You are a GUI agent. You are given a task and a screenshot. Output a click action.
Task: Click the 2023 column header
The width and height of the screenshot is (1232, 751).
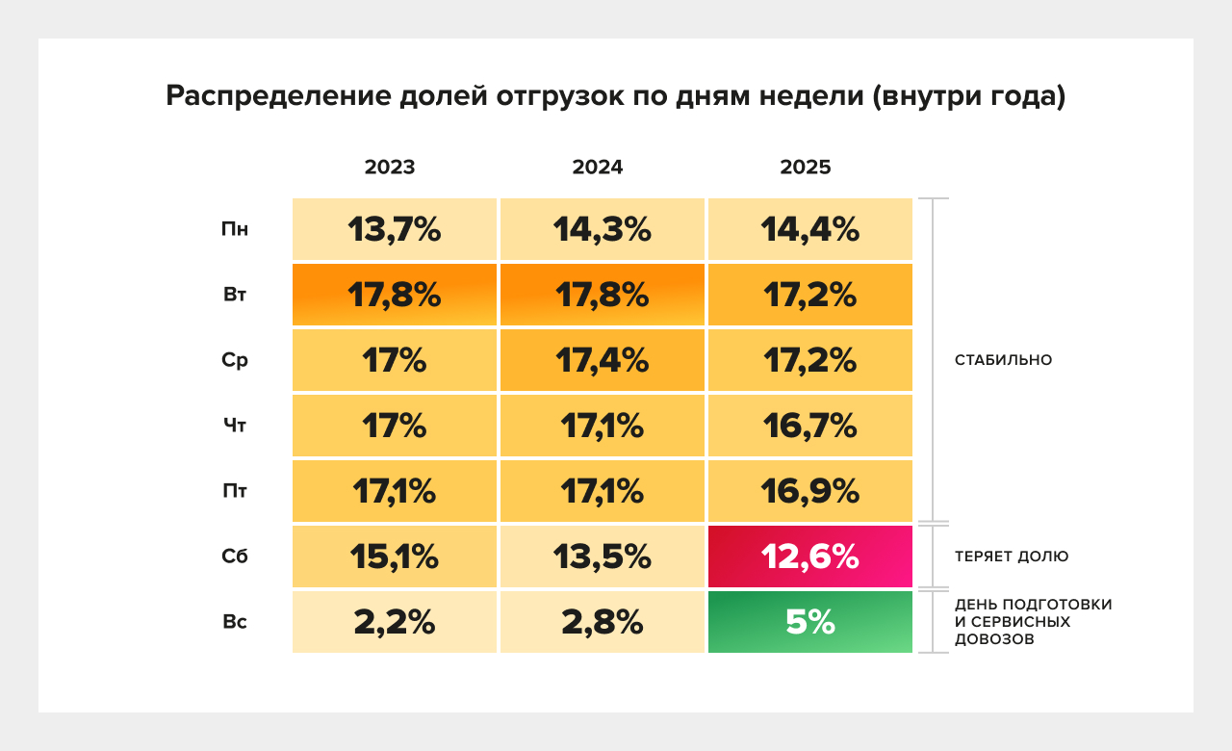click(x=390, y=168)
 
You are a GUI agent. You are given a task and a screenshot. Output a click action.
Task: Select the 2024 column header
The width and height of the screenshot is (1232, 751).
click(x=598, y=168)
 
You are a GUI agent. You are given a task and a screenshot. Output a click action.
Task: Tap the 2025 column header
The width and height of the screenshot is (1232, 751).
click(x=806, y=168)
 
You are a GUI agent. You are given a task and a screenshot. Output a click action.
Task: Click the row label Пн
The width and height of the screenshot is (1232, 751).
click(x=234, y=229)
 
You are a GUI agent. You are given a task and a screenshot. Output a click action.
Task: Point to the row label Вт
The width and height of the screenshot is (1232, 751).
click(x=235, y=295)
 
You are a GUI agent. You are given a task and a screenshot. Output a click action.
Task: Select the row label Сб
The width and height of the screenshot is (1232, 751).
click(x=235, y=557)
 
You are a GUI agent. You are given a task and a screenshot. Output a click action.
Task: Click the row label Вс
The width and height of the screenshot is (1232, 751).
click(x=235, y=622)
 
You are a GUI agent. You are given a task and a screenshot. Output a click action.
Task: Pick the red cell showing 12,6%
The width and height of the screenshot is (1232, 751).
click(x=809, y=557)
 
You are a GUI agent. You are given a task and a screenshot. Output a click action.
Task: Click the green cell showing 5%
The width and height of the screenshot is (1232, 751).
click(x=809, y=622)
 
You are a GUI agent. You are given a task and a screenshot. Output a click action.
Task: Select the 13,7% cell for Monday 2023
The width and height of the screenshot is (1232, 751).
click(x=395, y=229)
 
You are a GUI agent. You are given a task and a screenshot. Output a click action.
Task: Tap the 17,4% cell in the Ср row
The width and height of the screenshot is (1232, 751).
click(x=603, y=360)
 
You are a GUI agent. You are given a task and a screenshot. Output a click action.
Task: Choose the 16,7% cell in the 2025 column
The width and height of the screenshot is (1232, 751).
click(x=809, y=426)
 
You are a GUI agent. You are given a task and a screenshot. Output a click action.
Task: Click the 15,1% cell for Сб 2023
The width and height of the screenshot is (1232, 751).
click(x=395, y=557)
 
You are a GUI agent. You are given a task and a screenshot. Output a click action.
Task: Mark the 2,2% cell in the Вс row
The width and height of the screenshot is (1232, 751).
click(x=395, y=622)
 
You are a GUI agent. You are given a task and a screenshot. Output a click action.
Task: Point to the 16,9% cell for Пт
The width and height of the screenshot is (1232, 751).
click(x=809, y=491)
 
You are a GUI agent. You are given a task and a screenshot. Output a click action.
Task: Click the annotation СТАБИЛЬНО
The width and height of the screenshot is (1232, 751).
click(x=1003, y=360)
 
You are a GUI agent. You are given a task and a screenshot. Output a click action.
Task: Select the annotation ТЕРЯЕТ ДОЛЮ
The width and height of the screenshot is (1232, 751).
click(x=1012, y=557)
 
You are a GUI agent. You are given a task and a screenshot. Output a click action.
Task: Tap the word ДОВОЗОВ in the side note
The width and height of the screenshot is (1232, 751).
click(x=994, y=638)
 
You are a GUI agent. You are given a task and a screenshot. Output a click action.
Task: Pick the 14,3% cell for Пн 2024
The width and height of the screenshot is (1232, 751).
click(x=603, y=229)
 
